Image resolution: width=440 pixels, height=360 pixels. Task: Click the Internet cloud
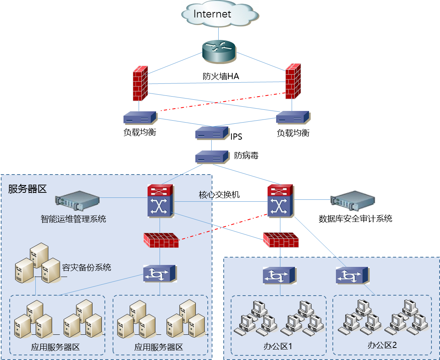point(220,14)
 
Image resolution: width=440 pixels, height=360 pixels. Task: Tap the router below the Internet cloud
point(219,52)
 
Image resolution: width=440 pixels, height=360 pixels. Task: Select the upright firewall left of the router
point(140,83)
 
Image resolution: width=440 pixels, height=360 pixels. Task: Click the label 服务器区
point(27,189)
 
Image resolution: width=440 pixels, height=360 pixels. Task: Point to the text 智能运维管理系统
point(73,219)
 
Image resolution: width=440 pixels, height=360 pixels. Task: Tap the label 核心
point(205,195)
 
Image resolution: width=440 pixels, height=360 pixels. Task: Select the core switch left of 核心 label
point(160,201)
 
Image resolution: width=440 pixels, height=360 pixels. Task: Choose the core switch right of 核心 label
point(280,201)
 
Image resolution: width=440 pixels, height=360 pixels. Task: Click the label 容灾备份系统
point(87,267)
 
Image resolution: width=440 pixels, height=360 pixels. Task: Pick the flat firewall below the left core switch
point(161,241)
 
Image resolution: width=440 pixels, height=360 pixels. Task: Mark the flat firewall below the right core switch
point(281,240)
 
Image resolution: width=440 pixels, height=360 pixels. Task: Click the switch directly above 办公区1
point(279,275)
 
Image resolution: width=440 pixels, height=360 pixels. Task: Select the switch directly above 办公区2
point(352,275)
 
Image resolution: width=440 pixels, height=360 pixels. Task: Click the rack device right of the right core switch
point(353,200)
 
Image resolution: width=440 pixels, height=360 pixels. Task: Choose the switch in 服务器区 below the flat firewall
point(160,273)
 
